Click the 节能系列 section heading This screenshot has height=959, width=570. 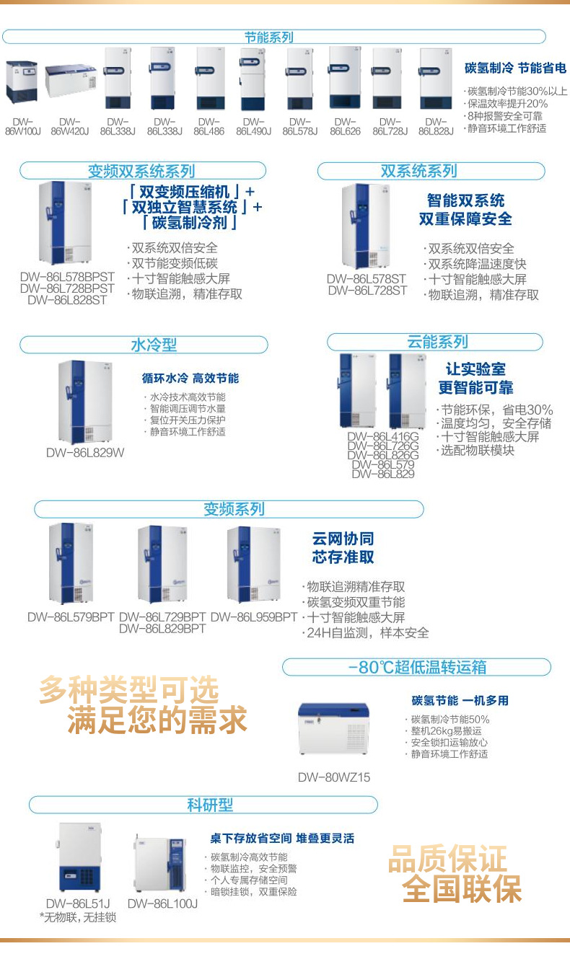point(268,37)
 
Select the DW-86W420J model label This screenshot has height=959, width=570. point(70,127)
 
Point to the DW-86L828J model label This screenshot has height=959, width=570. point(436,127)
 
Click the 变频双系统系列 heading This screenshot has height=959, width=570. point(141,171)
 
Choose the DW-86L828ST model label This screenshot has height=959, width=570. point(67,300)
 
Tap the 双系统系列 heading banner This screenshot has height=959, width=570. point(418,171)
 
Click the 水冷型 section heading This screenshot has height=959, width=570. point(153,345)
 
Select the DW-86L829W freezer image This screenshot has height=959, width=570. point(85,402)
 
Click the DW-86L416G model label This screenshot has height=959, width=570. point(383,436)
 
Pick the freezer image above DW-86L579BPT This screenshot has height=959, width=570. point(71,563)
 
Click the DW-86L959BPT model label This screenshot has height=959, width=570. point(254,617)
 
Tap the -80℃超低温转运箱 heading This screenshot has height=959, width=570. point(417,667)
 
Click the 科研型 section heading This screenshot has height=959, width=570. point(210,805)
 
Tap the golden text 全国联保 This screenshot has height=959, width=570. point(462,889)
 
